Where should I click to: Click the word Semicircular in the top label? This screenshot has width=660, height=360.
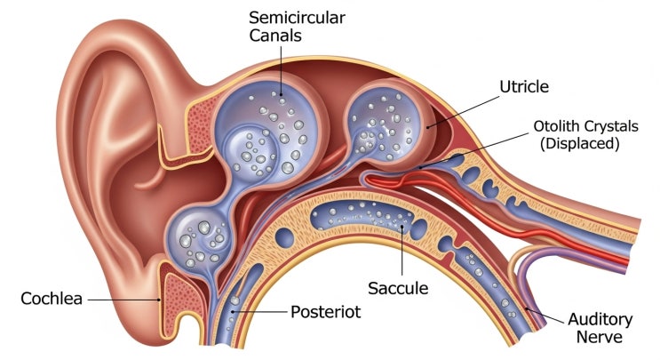click(284, 18)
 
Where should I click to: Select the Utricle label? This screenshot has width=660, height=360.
click(524, 87)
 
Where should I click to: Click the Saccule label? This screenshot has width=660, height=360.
click(399, 288)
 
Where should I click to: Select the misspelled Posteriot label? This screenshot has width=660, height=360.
click(327, 312)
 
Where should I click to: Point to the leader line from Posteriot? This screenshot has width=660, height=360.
click(262, 312)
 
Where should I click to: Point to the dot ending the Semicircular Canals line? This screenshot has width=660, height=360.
click(280, 93)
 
